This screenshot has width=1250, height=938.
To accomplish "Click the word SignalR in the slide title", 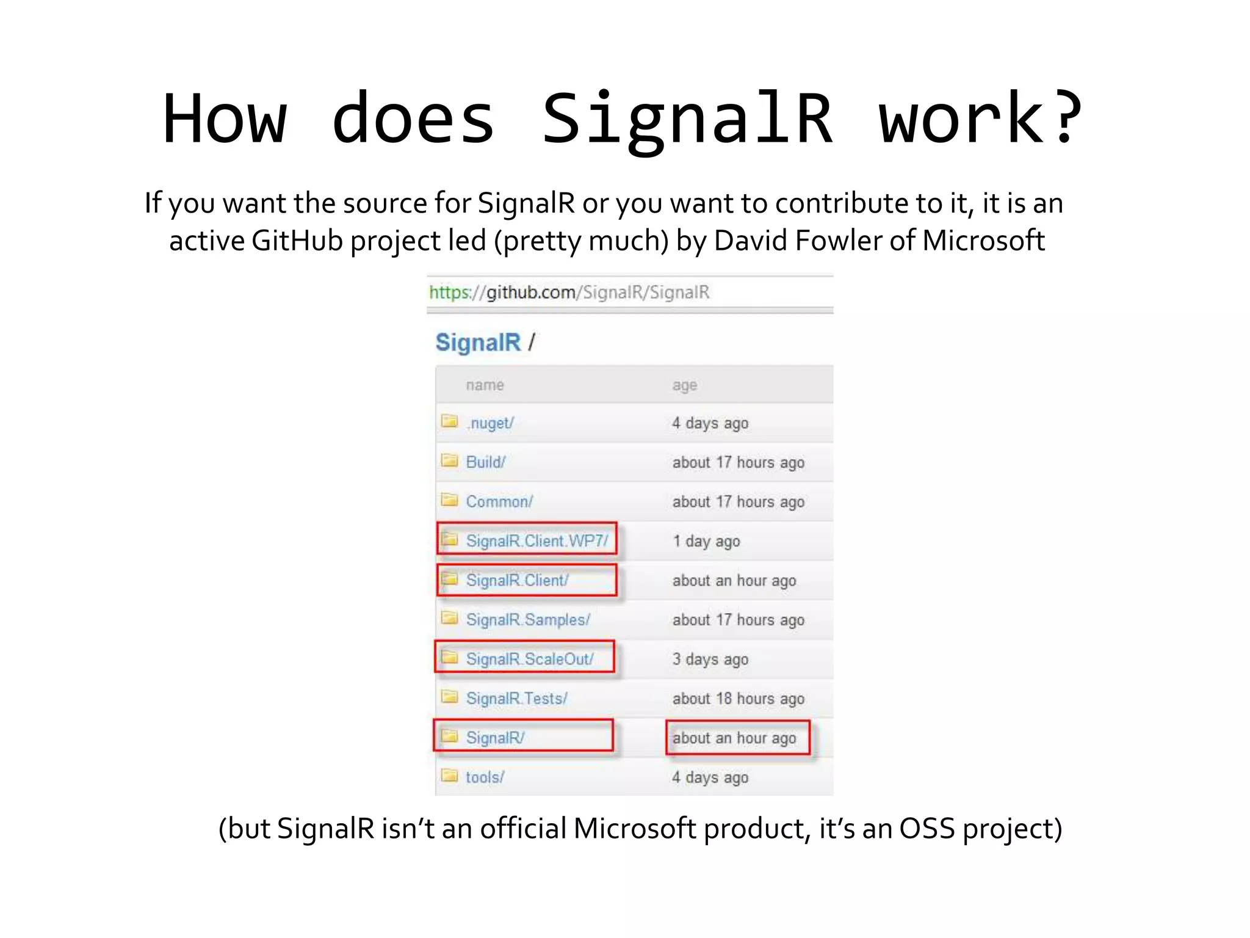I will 687,119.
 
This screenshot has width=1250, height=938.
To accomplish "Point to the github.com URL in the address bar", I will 569,293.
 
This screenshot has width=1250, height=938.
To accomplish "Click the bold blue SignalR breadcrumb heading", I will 478,343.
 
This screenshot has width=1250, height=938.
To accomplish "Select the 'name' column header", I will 485,385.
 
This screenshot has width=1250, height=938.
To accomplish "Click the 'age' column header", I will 684,385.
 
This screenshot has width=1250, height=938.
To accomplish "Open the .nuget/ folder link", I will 491,423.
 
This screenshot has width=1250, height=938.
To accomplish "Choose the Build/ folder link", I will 485,462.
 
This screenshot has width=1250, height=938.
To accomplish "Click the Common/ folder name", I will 499,502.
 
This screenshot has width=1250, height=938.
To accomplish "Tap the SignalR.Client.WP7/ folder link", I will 536,541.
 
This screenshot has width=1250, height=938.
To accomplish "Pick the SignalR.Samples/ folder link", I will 528,620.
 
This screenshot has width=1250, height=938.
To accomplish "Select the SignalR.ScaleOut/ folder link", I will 529,660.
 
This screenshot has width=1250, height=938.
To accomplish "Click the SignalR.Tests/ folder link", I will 516,699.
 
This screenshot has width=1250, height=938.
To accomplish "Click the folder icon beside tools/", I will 450,776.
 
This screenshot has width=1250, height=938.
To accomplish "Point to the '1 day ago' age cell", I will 706,542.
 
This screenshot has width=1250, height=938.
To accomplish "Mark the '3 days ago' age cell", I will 710,660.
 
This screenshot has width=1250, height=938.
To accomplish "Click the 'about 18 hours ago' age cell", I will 738,699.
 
